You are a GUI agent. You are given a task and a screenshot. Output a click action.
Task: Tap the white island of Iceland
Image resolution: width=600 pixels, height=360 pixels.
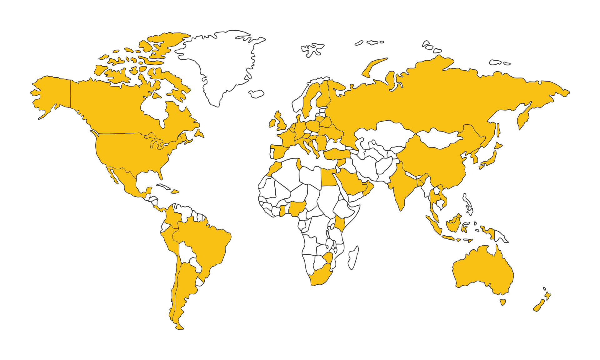click(257, 94)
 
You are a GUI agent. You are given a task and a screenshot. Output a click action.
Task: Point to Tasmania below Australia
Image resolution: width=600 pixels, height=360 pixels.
click(502, 302)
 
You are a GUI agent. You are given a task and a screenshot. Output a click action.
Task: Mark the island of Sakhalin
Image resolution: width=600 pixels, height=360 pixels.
click(498, 130)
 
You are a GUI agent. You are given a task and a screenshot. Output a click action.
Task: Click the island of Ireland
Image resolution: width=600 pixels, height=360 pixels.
click(272, 123)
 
